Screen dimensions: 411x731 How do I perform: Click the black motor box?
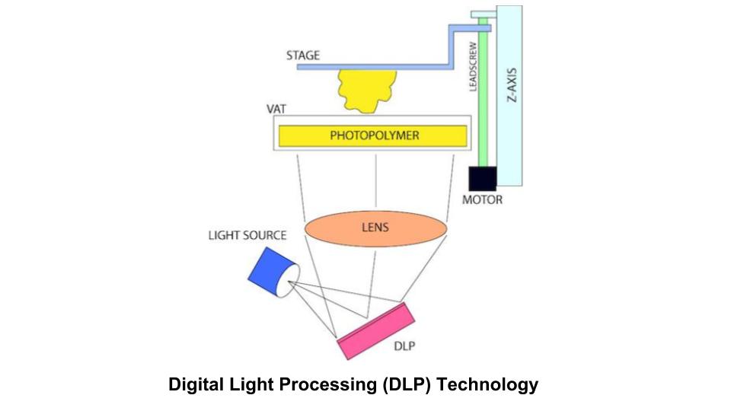coord(482,179)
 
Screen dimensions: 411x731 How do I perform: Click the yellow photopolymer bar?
coord(373,136)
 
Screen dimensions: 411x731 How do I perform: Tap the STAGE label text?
coord(303,56)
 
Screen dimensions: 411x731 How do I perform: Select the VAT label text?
coord(276,109)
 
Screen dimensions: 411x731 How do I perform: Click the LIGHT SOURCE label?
coord(247,235)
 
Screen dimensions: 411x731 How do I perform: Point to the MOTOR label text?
coord(483,201)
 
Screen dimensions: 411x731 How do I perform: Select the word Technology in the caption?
coord(495,385)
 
